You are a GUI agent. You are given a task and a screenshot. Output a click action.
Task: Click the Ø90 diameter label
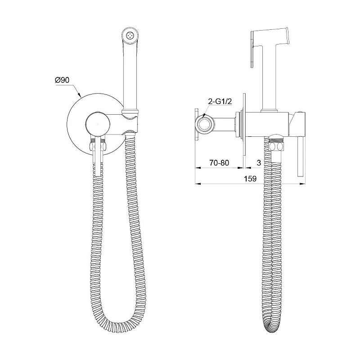point(62,80)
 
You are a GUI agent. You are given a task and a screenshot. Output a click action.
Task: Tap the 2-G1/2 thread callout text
point(220,102)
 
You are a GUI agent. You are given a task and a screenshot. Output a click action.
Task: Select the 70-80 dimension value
point(219,163)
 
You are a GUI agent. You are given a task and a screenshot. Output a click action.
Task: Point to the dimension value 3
point(259,163)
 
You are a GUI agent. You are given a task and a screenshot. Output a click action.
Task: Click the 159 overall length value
point(250,179)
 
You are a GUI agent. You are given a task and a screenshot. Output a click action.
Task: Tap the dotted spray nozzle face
point(130,36)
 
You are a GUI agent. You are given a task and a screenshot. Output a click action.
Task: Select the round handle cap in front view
point(98,125)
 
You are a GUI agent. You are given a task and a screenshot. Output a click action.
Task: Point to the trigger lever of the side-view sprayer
point(252,49)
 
